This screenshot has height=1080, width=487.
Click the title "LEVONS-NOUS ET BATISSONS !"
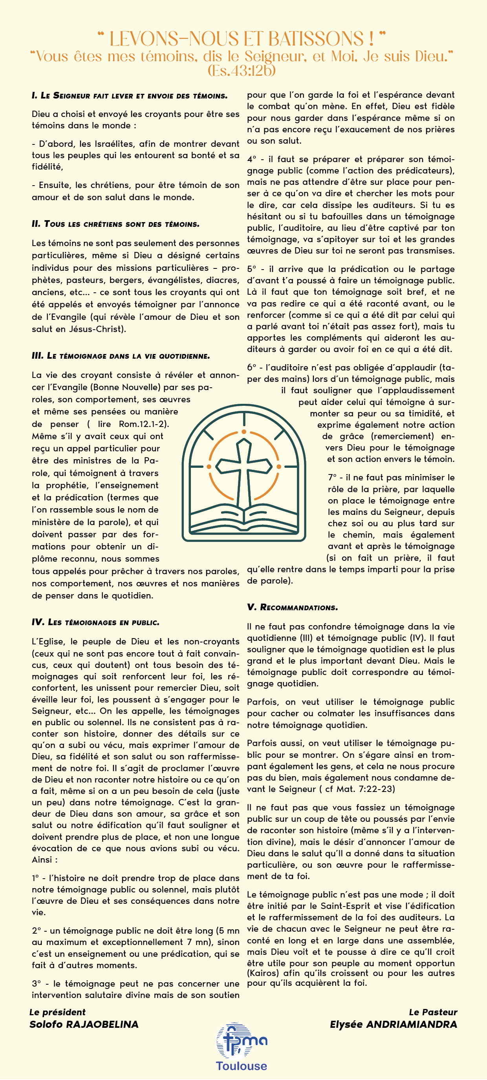(x=242, y=38)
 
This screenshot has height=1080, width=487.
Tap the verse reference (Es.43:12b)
(x=242, y=70)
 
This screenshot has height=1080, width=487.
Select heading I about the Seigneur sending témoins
(x=130, y=96)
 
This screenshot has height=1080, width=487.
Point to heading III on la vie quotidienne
(x=121, y=356)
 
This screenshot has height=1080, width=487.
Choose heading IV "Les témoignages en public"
(x=96, y=622)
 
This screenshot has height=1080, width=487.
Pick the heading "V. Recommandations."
(x=292, y=607)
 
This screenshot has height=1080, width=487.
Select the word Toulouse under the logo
(x=241, y=1066)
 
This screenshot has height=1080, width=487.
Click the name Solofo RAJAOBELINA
(x=84, y=1024)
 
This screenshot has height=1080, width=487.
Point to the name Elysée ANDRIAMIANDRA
(x=393, y=1024)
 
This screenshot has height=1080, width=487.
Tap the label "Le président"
(x=57, y=1012)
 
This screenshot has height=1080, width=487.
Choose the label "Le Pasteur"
(x=433, y=1012)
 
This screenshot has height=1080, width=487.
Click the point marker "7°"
(x=332, y=478)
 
